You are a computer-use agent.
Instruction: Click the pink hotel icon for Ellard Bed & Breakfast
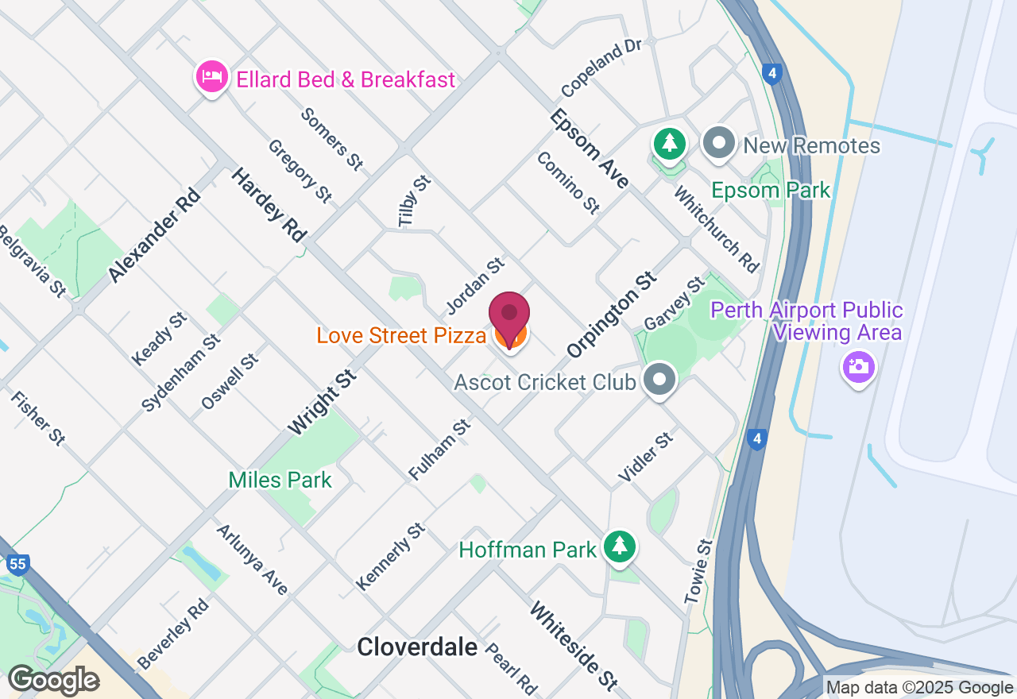point(211,78)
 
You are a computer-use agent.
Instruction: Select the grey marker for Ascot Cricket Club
point(659,380)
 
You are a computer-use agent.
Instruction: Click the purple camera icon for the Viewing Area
point(858,367)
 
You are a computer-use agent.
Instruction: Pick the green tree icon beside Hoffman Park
point(620,546)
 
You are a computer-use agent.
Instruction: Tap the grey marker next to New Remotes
point(720,144)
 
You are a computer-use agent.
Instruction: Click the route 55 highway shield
point(18,565)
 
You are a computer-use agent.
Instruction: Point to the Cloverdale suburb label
point(417,647)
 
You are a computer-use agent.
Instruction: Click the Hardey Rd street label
point(269,204)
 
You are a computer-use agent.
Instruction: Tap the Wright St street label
point(321,402)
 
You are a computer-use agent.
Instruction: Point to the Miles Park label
point(280,480)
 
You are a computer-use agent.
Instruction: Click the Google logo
point(53,681)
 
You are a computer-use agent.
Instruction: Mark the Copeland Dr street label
point(601,67)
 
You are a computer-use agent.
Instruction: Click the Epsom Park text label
point(771,191)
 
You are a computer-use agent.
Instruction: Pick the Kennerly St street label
point(390,556)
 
